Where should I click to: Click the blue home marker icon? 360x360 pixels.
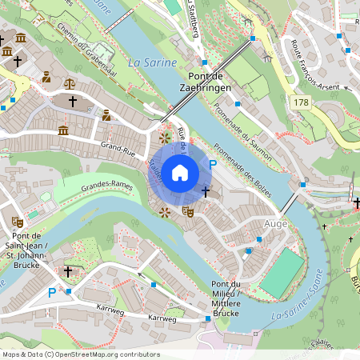(x=180, y=172)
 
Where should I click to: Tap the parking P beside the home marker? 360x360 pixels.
(x=212, y=164)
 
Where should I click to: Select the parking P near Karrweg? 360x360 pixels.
(x=52, y=294)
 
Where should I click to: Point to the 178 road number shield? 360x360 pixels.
(x=301, y=102)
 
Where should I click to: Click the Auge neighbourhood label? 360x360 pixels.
(x=274, y=225)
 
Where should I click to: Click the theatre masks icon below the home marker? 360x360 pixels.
(x=188, y=212)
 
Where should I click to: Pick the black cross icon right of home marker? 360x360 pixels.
(x=206, y=191)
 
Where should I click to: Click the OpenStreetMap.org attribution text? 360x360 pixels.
(x=104, y=354)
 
